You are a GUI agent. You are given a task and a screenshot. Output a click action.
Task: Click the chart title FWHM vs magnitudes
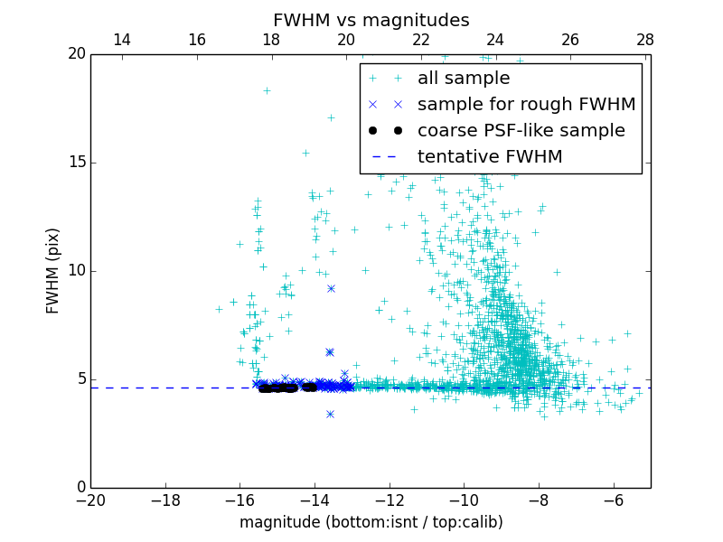tap(371, 20)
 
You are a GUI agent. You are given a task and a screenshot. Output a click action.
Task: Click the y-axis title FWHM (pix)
tap(53, 270)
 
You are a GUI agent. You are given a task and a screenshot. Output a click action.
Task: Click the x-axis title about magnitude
tap(371, 522)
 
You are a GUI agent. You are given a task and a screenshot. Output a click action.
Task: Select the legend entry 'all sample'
tap(464, 79)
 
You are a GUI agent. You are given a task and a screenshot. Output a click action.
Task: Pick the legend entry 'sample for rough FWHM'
tap(526, 105)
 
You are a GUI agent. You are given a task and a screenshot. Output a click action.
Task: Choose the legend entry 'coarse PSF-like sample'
tap(521, 131)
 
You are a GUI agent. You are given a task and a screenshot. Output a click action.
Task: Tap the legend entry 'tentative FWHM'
tap(490, 157)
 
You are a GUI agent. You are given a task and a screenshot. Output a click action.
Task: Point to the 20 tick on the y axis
tap(75, 54)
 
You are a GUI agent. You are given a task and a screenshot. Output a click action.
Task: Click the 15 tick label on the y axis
tap(75, 163)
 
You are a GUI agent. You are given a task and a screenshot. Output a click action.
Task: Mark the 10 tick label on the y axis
tap(75, 271)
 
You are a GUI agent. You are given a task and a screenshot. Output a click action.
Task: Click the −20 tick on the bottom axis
tap(90, 500)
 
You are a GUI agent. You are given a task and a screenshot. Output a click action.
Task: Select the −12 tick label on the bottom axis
tap(389, 500)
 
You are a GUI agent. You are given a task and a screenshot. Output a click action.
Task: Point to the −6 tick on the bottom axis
tap(613, 500)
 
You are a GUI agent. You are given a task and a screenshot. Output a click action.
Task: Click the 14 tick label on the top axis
tap(122, 40)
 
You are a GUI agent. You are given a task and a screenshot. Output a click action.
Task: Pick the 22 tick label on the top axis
tap(421, 40)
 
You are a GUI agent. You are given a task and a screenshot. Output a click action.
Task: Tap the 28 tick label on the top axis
tap(644, 40)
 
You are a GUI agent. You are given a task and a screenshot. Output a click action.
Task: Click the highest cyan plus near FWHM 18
tap(267, 90)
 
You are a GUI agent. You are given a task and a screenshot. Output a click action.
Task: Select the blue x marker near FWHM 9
tap(331, 288)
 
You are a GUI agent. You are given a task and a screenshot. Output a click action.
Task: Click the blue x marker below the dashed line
tap(330, 414)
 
